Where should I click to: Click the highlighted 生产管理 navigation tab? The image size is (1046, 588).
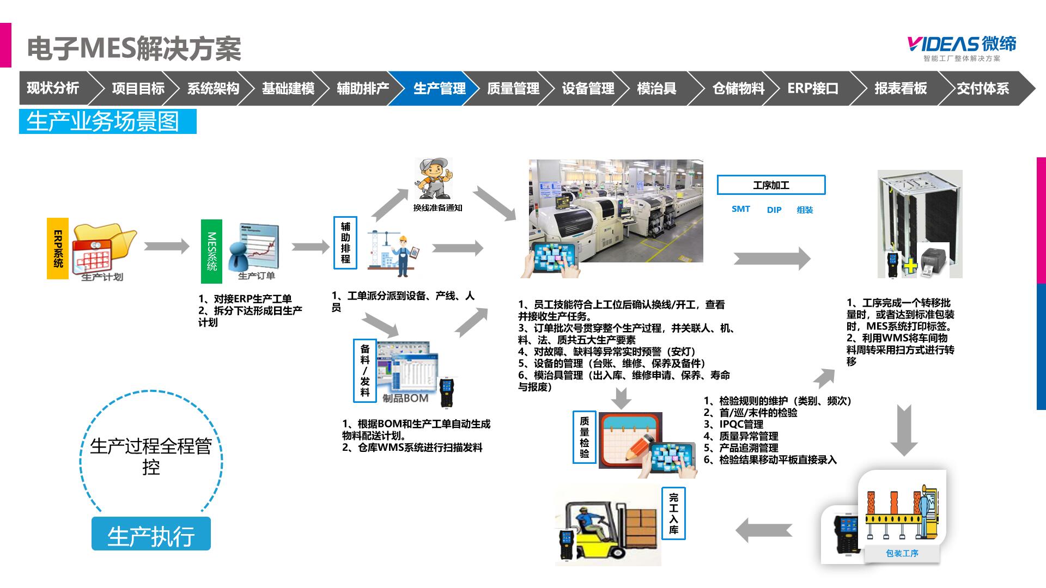tap(439, 88)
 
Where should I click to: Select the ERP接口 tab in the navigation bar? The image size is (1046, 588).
tap(813, 88)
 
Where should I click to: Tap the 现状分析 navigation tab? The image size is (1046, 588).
tap(53, 88)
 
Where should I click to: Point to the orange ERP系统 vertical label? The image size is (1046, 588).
tap(58, 248)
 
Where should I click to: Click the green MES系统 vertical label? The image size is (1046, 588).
tap(211, 251)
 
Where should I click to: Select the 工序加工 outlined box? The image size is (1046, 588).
tap(771, 185)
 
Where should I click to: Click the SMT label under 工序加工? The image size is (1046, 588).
tap(740, 209)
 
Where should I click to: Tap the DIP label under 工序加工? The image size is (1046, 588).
tap(774, 210)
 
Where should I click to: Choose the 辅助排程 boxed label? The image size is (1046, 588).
tap(345, 243)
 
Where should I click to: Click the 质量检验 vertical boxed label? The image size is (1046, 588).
tap(584, 437)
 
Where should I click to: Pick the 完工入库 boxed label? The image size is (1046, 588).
tap(673, 514)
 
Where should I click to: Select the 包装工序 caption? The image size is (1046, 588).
tap(902, 553)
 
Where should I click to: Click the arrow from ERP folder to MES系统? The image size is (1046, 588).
tap(166, 246)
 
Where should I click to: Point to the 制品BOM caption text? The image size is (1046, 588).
tap(405, 399)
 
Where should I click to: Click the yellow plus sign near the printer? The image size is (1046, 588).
tap(910, 266)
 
